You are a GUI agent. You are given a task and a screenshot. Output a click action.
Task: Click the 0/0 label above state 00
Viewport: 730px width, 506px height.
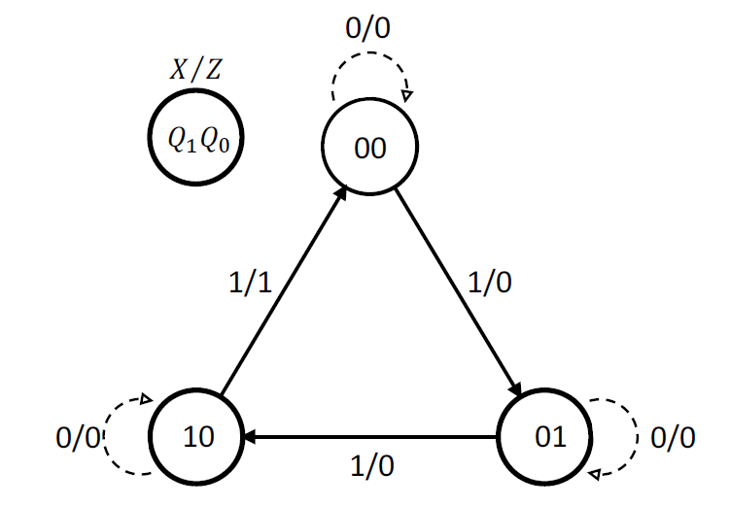click(x=369, y=26)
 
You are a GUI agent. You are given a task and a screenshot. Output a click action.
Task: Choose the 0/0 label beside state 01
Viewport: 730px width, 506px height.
click(x=672, y=438)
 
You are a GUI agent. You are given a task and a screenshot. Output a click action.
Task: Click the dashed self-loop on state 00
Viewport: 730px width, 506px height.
click(x=369, y=70)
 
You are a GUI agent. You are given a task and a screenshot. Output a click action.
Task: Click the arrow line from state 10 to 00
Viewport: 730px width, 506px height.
click(x=282, y=291)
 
